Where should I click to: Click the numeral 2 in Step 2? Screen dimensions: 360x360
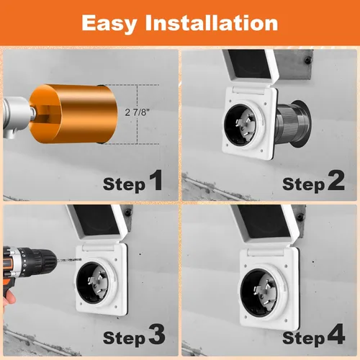coord(336,182)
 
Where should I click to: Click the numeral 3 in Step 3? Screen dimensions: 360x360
coord(155,335)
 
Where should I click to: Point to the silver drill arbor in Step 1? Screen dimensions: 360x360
coord(12,113)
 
